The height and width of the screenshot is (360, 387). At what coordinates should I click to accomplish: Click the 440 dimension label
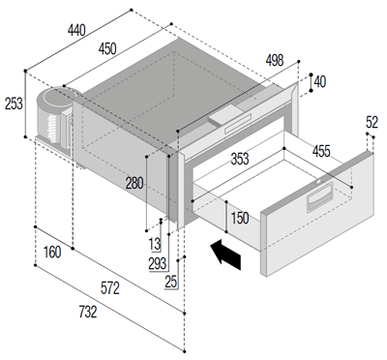click(76, 30)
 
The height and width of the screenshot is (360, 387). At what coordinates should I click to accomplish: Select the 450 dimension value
click(107, 49)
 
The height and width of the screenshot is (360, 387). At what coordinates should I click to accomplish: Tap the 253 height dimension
click(14, 104)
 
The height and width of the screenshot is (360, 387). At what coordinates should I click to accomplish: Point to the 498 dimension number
click(275, 60)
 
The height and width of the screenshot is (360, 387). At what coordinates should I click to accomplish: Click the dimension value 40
click(320, 82)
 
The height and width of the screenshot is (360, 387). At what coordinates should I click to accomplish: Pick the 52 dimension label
click(372, 122)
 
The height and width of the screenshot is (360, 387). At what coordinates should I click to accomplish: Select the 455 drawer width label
click(321, 152)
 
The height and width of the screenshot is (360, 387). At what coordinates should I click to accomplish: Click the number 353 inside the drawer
click(240, 159)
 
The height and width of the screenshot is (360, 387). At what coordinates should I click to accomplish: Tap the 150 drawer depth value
click(240, 218)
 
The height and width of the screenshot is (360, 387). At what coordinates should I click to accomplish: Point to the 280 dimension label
click(134, 183)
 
